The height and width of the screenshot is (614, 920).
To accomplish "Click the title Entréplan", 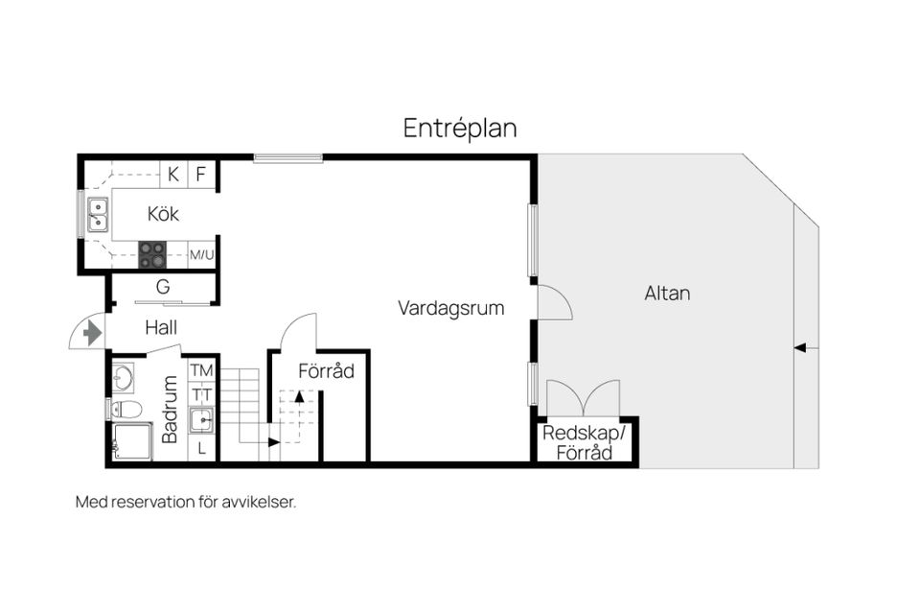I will pyautogui.click(x=460, y=129).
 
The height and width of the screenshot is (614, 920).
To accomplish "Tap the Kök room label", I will pyautogui.click(x=163, y=213).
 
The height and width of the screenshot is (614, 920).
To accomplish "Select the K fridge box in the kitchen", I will pyautogui.click(x=173, y=175).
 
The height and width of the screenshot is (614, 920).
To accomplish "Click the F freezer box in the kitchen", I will pyautogui.click(x=201, y=175).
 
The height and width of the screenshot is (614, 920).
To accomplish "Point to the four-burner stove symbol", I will pyautogui.click(x=152, y=254).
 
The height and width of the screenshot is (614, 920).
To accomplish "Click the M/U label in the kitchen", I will pyautogui.click(x=201, y=255).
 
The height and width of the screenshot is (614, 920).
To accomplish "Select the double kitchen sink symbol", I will pyautogui.click(x=97, y=215).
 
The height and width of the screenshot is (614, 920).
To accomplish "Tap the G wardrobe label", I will pyautogui.click(x=163, y=287).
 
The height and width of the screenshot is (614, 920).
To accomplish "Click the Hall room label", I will pyautogui.click(x=161, y=327).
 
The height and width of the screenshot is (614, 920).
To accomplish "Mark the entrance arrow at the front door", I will pyautogui.click(x=92, y=333).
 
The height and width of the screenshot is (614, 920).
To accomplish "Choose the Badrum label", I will pyautogui.click(x=171, y=409).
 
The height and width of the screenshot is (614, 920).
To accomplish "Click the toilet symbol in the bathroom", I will pyautogui.click(x=126, y=410).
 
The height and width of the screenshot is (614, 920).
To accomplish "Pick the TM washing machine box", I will pyautogui.click(x=201, y=370).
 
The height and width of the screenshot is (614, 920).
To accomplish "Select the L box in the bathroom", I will pyautogui.click(x=201, y=448).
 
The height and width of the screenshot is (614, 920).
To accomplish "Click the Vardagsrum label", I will pyautogui.click(x=451, y=308).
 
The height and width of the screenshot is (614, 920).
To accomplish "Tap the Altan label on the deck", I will pyautogui.click(x=667, y=294).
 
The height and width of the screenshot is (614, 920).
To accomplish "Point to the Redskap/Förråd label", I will pyautogui.click(x=585, y=442).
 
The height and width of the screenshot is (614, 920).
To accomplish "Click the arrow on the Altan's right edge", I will pyautogui.click(x=806, y=347).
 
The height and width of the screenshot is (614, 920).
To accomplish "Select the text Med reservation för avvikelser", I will pyautogui.click(x=186, y=502).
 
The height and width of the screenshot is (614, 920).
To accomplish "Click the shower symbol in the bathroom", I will pyautogui.click(x=131, y=442).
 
